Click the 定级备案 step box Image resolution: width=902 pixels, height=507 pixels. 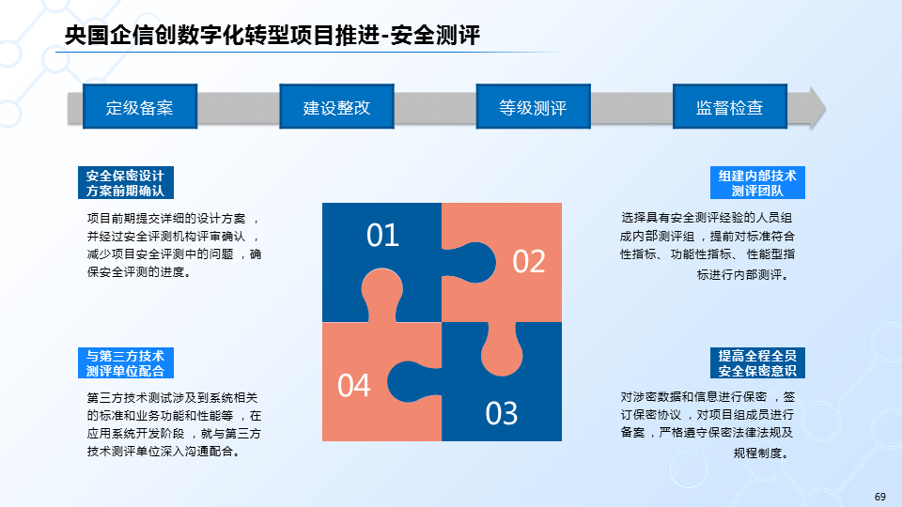click(x=140, y=107)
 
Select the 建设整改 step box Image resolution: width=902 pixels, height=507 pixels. click(x=336, y=107)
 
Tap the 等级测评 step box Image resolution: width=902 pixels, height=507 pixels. click(x=533, y=107)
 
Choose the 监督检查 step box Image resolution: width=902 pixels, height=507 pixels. click(x=729, y=107)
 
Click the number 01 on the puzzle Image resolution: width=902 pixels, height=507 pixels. click(x=383, y=235)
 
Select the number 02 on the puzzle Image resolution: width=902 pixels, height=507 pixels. click(x=529, y=261)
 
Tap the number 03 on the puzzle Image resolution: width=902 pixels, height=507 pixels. click(x=503, y=413)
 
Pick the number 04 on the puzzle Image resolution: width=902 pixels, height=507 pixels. click(x=354, y=385)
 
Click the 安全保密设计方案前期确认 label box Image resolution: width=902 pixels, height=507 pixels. click(x=125, y=182)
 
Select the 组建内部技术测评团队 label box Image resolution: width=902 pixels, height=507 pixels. click(x=757, y=182)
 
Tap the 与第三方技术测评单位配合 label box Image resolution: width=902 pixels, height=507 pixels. click(x=125, y=363)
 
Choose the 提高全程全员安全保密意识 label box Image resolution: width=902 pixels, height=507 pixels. click(x=757, y=363)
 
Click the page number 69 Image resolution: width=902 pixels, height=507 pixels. click(x=880, y=497)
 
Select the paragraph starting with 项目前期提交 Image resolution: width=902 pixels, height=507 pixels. click(x=174, y=244)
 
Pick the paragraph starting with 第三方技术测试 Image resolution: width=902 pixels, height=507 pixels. click(x=174, y=424)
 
